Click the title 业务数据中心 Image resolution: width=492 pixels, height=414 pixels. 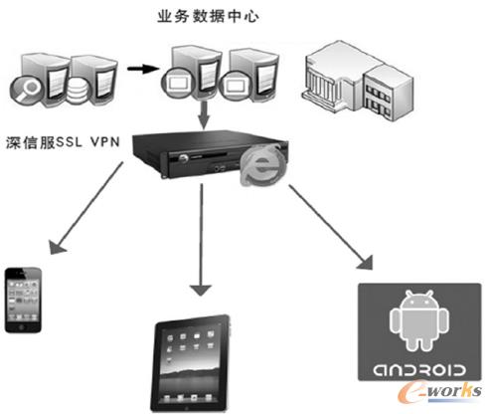click(x=205, y=18)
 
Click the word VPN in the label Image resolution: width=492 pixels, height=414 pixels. click(x=106, y=141)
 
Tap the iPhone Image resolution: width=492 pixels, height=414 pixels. click(x=24, y=300)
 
